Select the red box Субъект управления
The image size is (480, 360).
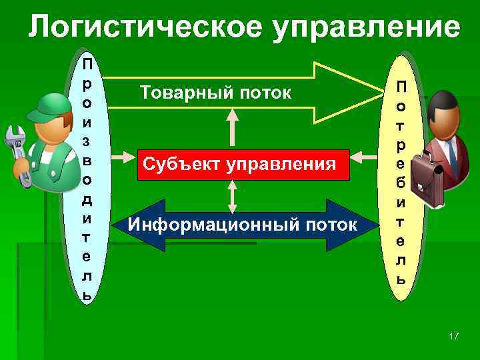pyautogui.click(x=243, y=164)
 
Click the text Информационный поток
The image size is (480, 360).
pyautogui.click(x=243, y=225)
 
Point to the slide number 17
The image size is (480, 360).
pyautogui.click(x=454, y=335)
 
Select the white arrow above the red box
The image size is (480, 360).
pyautogui.click(x=232, y=127)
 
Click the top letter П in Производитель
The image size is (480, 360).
pyautogui.click(x=87, y=65)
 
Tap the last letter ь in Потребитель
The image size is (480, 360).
pyautogui.click(x=400, y=279)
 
